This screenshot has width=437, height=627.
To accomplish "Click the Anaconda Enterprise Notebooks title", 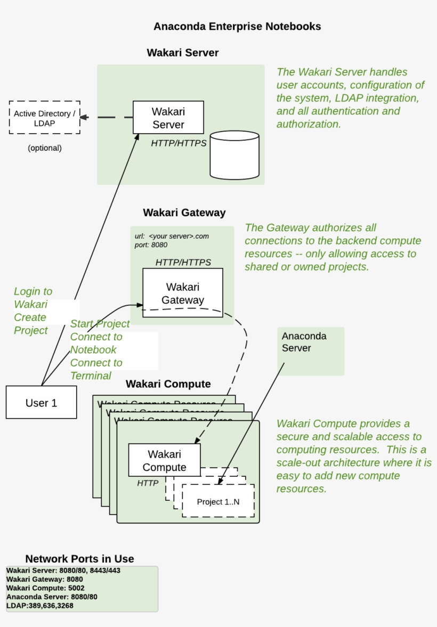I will coord(237,26).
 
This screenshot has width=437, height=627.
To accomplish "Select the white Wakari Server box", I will coord(168,118).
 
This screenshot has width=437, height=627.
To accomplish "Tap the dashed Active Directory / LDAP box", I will coord(45,118).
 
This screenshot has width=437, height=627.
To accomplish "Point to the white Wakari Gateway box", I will coord(182,293).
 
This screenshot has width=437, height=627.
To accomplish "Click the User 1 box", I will coord(41,403).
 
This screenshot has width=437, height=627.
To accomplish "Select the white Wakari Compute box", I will coord(164,460).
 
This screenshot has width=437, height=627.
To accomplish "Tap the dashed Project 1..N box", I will coord(218,501).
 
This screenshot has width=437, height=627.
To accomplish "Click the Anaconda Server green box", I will coord(311,351).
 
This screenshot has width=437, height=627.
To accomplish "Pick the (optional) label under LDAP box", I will coord(45,148).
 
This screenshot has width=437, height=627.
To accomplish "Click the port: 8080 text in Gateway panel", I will coord(151,245).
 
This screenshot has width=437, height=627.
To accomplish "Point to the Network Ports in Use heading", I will coord(79,559).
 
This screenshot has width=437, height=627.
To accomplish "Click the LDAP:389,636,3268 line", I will coord(40,606).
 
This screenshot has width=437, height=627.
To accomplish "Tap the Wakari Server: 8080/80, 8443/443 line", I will coord(63,571).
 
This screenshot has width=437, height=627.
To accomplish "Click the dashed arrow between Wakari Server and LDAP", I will coord(107,118).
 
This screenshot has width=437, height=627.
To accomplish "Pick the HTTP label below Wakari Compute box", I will coord(148,483).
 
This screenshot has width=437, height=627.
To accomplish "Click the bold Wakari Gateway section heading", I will coord(184,213).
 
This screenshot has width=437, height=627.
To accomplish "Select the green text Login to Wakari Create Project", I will coord(33,311).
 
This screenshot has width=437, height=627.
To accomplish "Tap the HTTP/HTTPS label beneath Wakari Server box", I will coord(179,143).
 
